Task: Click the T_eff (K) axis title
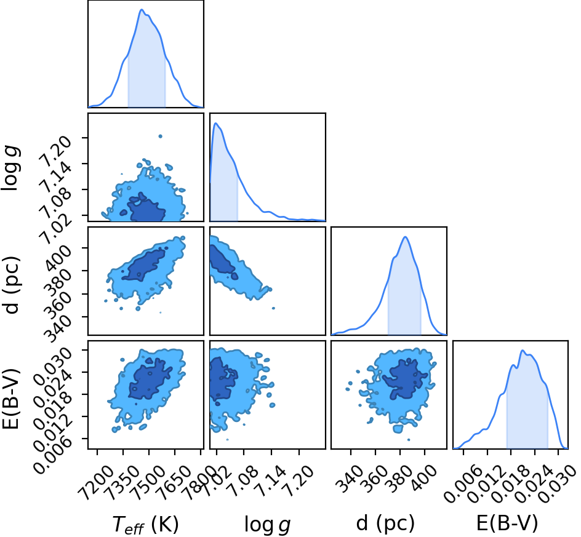(146, 525)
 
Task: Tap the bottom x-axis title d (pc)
(385, 523)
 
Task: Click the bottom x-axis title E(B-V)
(507, 523)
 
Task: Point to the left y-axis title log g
(10, 169)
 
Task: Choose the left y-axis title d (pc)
(11, 284)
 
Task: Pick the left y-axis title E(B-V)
(10, 399)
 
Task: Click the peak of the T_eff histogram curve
(141, 10)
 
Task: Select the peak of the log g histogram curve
(215, 123)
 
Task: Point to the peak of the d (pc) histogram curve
(405, 237)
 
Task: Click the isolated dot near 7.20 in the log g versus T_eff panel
(161, 137)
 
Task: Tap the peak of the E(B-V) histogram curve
(523, 351)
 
